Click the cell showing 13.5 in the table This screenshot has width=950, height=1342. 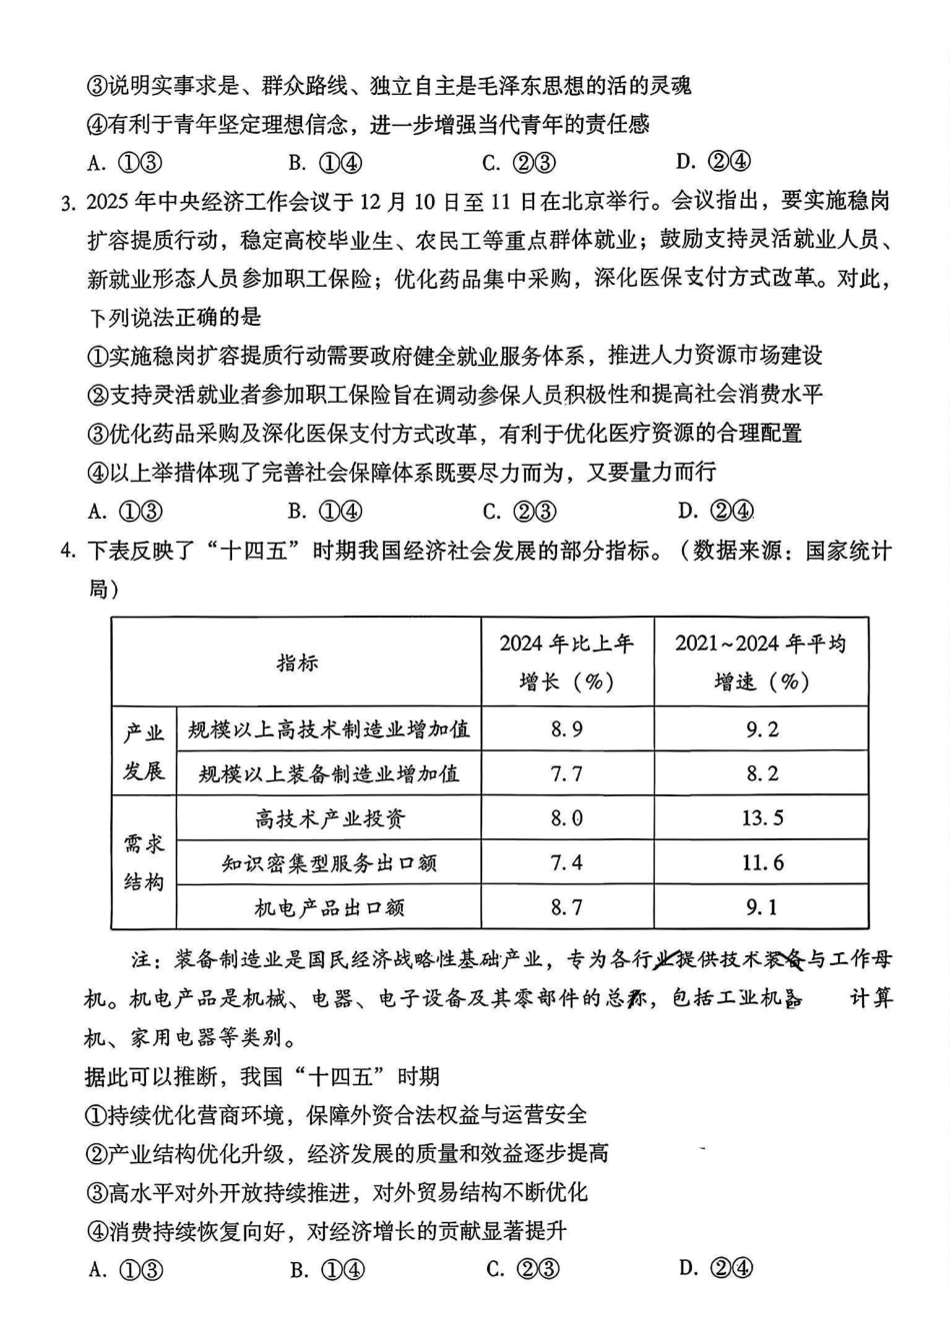[x=761, y=818]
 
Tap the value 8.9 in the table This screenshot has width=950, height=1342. [x=566, y=729]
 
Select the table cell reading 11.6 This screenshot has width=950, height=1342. [x=761, y=863]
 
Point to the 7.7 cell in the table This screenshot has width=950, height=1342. [x=566, y=774]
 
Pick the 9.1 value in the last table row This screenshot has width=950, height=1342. [x=761, y=907]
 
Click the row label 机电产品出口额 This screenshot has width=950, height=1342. [x=329, y=907]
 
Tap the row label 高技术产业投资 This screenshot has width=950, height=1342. [x=329, y=818]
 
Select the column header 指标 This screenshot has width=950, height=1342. [x=297, y=663]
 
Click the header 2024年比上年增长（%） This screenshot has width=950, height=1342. [x=566, y=662]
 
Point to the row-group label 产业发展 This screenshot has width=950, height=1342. [x=144, y=752]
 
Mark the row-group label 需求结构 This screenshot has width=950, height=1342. [x=144, y=862]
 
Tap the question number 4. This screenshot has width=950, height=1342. [x=67, y=551]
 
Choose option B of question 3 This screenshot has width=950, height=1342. [x=325, y=512]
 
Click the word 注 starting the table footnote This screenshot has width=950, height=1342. [x=143, y=960]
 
